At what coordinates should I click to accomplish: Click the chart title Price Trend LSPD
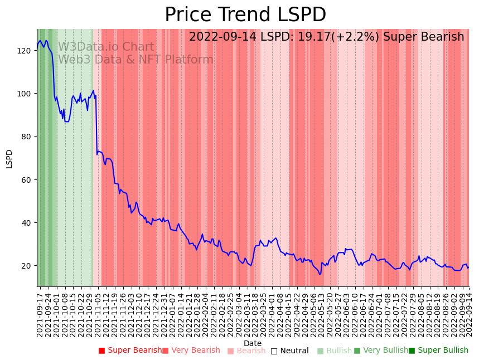(245, 15)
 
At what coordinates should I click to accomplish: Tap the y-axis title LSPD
(9, 158)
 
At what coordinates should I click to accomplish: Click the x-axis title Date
(253, 343)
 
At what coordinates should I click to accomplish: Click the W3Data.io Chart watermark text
(106, 47)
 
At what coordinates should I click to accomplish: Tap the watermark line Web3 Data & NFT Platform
(136, 60)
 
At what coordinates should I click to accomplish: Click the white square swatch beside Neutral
(274, 351)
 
